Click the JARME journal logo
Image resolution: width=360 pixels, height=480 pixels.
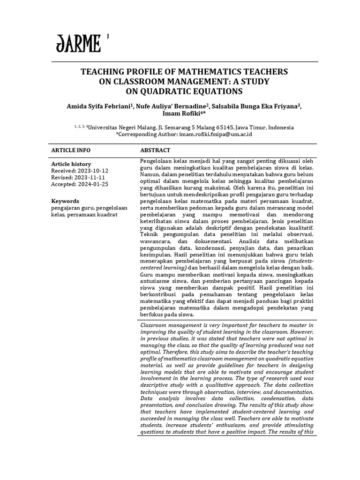click(78, 45)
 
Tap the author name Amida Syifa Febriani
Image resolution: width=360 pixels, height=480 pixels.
click(99, 107)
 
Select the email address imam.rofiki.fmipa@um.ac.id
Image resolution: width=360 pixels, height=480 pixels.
click(216, 134)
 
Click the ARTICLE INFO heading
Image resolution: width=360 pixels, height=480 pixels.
click(70, 150)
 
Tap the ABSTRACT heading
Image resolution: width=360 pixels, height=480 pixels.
click(156, 150)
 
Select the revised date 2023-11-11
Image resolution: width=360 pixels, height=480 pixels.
click(90, 178)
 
